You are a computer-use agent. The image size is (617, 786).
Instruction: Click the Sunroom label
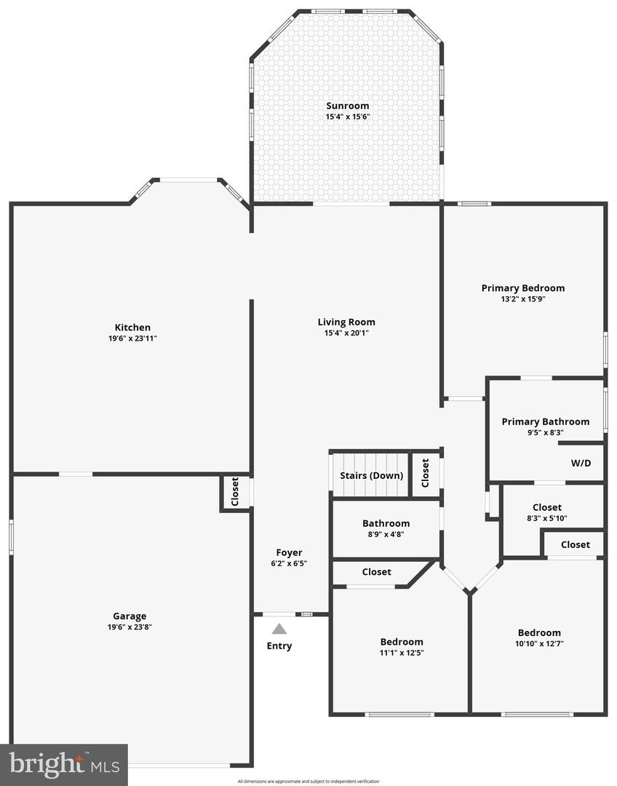[347, 106]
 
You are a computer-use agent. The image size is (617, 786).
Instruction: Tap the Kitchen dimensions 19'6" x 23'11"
[132, 338]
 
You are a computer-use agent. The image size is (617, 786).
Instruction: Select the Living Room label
[346, 322]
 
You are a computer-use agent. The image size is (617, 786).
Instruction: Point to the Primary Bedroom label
[522, 288]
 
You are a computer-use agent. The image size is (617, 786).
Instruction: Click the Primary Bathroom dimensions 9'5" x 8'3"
[545, 432]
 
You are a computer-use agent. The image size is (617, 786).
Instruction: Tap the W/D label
[581, 462]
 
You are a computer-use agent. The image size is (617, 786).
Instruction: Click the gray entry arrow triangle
[279, 629]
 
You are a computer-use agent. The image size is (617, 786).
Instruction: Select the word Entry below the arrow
[279, 646]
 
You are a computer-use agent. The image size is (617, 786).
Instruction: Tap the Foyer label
[289, 552]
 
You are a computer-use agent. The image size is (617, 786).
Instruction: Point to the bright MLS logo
[64, 764]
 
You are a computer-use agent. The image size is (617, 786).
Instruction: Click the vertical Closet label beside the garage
[235, 493]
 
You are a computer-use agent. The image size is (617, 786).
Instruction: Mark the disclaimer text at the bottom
[308, 781]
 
